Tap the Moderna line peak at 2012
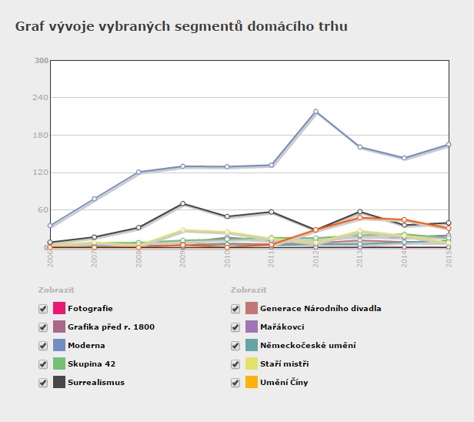click(x=315, y=112)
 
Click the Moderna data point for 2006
click(x=50, y=226)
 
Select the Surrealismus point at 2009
click(x=182, y=203)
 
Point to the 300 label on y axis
click(x=42, y=60)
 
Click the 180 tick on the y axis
click(x=42, y=135)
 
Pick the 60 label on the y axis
click(x=44, y=209)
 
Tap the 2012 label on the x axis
click(x=315, y=257)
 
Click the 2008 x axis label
click(x=139, y=257)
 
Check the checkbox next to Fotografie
click(x=43, y=309)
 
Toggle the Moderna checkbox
click(x=43, y=346)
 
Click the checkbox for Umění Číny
click(x=235, y=383)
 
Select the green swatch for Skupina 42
click(x=58, y=364)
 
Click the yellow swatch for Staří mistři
click(x=251, y=364)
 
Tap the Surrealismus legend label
click(x=95, y=383)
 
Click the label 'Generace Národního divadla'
click(x=320, y=309)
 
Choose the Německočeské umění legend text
click(x=308, y=346)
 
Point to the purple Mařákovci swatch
click(x=251, y=327)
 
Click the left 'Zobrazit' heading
click(x=56, y=290)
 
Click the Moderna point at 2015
click(x=449, y=145)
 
